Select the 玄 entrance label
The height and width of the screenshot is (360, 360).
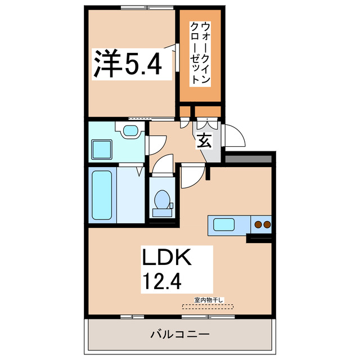(x=204, y=141)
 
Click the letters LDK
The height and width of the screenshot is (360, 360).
(x=166, y=258)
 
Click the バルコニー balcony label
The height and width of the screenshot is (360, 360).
(x=179, y=334)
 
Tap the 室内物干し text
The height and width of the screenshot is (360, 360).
(x=209, y=300)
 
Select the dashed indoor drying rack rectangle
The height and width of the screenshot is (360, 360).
(x=209, y=307)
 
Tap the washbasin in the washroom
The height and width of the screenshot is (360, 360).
(x=130, y=131)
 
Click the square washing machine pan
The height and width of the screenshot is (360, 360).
(x=102, y=150)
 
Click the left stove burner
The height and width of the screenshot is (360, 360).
(x=258, y=225)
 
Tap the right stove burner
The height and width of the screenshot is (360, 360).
(x=267, y=225)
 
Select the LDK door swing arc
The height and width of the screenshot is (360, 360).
(x=191, y=175)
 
